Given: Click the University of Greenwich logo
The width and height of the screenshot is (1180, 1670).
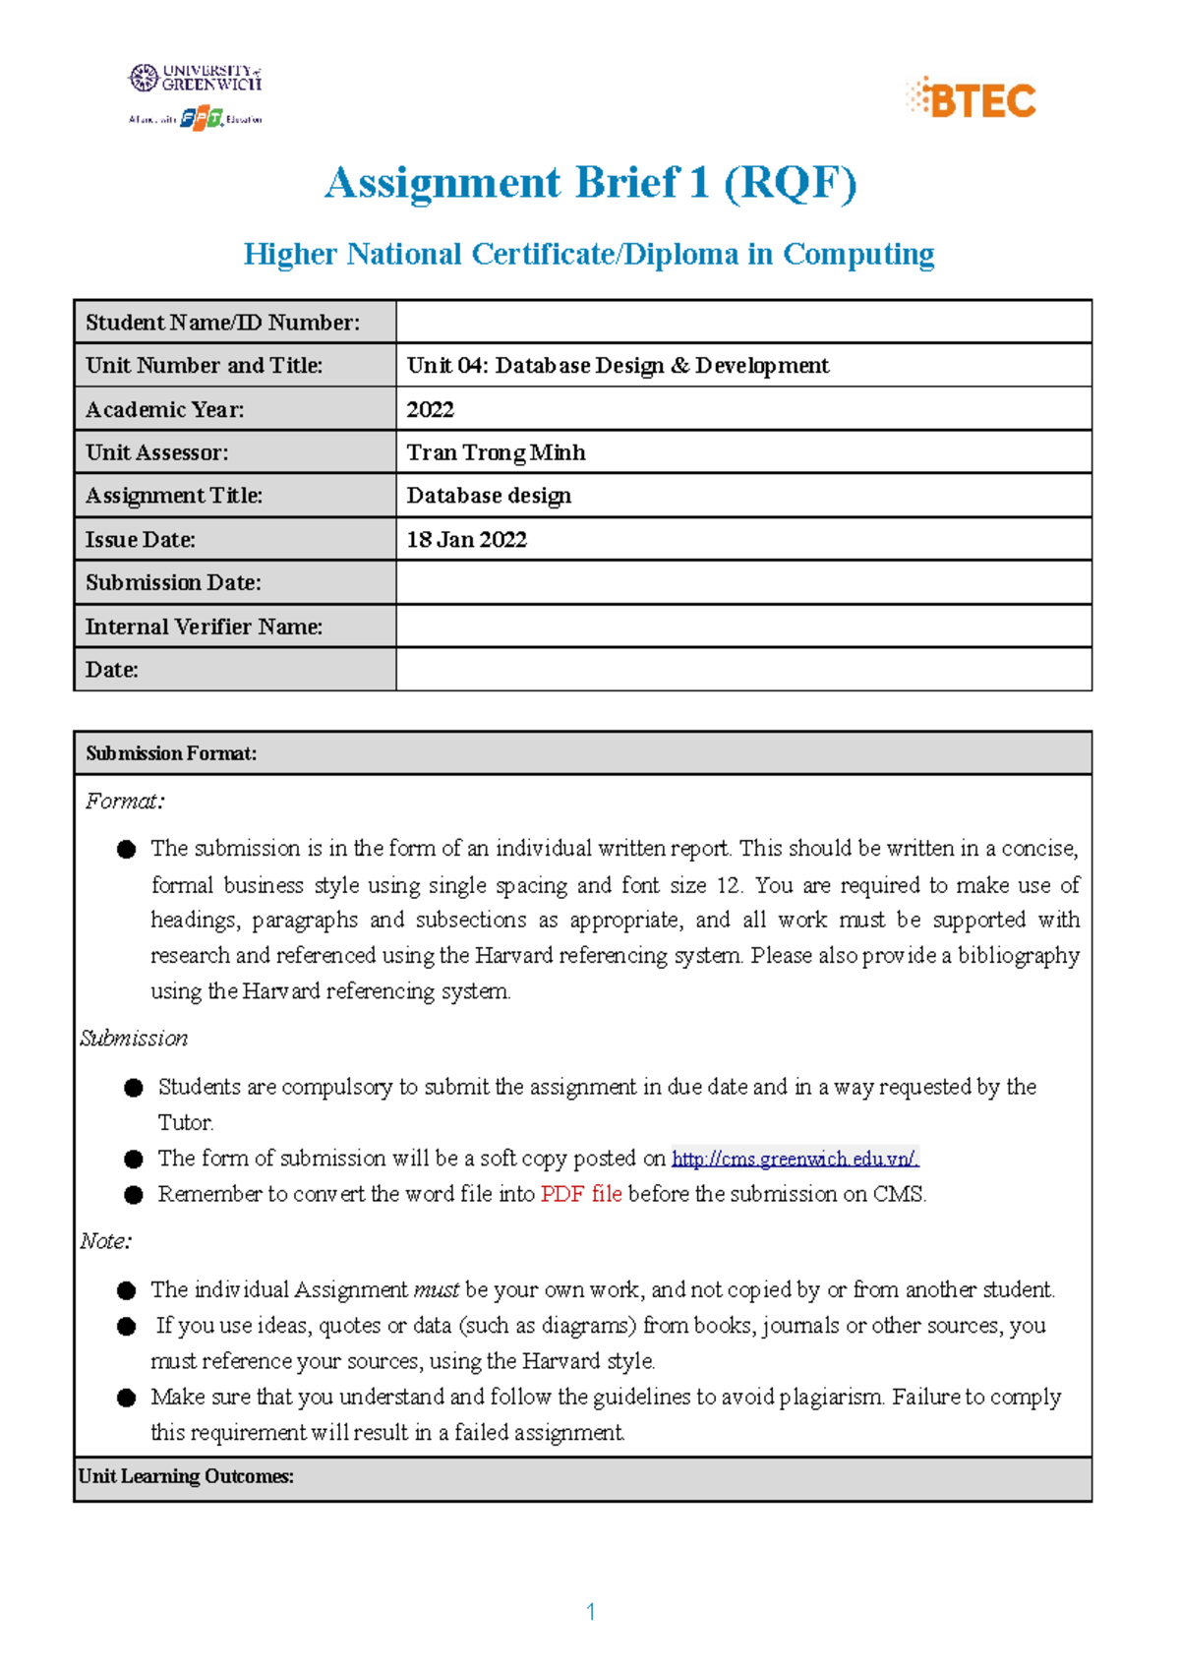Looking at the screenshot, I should [x=195, y=79].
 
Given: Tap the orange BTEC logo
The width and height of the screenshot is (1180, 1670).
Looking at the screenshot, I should [x=972, y=99].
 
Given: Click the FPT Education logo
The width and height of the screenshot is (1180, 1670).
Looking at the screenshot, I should [x=202, y=118].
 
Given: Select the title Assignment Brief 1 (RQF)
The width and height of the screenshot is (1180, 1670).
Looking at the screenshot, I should [x=590, y=183].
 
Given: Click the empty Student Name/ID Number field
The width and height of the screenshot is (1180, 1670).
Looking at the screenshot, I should [x=743, y=322].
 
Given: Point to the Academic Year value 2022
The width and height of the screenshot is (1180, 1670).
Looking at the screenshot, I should [x=431, y=409].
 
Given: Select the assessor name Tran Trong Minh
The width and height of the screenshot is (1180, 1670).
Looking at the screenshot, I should [x=496, y=452].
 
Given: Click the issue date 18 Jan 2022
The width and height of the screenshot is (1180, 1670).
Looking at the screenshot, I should [x=466, y=539].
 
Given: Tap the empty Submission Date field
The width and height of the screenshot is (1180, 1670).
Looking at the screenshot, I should [x=743, y=582].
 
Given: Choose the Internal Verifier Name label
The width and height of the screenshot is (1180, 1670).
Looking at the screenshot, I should [x=204, y=626].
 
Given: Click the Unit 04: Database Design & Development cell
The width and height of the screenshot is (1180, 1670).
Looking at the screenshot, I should [x=618, y=366].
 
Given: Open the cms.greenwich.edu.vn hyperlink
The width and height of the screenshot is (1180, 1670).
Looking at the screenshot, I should [x=795, y=1159].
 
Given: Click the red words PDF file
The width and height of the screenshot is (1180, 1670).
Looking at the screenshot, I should [x=580, y=1194].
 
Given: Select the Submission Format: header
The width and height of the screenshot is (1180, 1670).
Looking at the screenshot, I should [x=171, y=753].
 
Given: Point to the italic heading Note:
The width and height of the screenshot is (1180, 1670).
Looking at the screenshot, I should [x=105, y=1241].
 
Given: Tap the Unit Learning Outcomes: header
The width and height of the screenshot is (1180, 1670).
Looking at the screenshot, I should [x=186, y=1476].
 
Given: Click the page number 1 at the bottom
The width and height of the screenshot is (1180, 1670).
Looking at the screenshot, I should [x=590, y=1612].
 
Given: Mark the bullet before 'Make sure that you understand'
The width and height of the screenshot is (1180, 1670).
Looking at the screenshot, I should [x=126, y=1398].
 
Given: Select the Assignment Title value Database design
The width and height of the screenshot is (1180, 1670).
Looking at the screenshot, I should [x=489, y=496].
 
